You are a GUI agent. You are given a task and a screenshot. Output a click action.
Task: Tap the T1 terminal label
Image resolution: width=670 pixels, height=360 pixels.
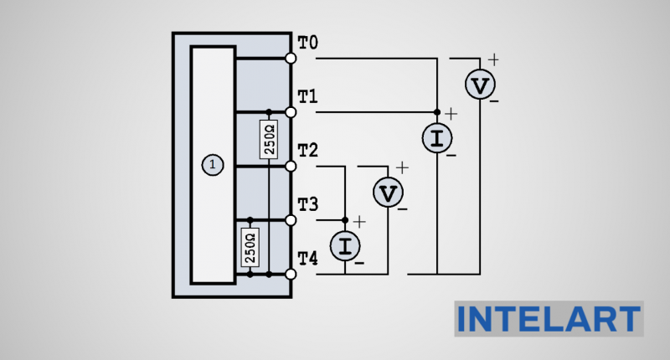[308, 96]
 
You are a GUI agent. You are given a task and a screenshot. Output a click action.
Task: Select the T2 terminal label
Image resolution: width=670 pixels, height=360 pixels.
[308, 151]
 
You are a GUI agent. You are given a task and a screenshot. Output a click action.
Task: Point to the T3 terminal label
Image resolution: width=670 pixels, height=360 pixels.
[308, 204]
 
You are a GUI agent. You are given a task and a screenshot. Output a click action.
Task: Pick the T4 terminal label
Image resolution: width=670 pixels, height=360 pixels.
[308, 259]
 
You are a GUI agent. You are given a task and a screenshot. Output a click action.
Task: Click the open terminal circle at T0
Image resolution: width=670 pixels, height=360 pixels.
[291, 58]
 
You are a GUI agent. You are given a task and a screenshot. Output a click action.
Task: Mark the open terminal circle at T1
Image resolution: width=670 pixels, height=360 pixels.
[291, 111]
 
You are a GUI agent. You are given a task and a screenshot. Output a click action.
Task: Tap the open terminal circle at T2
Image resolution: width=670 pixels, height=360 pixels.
[291, 166]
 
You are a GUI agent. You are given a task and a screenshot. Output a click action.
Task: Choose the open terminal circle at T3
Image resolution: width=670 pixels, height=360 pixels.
[291, 219]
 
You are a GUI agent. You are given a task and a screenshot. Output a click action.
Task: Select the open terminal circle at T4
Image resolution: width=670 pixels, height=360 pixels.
[291, 274]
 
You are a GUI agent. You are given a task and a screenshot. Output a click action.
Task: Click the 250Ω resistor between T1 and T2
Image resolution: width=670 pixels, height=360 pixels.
[269, 139]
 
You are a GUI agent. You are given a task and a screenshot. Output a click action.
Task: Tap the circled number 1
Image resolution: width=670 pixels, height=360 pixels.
[213, 166]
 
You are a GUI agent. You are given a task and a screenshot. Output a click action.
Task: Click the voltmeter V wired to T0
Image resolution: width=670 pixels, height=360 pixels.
[480, 85]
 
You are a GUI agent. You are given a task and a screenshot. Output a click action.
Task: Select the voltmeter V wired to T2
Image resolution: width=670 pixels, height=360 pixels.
[388, 193]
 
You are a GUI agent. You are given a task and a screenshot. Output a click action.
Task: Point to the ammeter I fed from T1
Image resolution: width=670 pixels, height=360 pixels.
[436, 139]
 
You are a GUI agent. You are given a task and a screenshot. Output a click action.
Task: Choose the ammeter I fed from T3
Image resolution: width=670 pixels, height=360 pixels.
[345, 246]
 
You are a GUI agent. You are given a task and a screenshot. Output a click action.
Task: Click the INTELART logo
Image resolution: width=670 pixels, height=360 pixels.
[549, 319]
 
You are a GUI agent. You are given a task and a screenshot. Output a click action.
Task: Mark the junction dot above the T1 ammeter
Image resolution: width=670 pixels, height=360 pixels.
[436, 111]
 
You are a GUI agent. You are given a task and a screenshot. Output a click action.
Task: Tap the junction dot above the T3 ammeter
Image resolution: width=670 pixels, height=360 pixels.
[345, 219]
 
